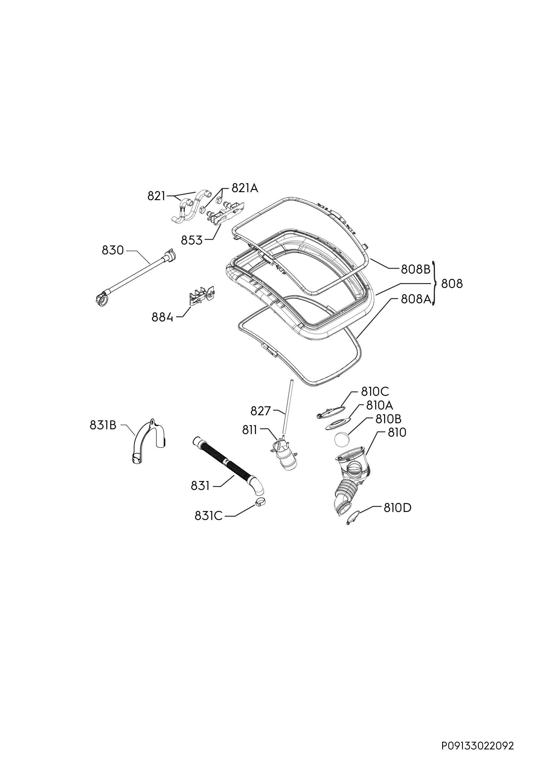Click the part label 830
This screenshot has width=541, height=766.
(113, 250)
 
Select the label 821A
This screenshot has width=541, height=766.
(245, 189)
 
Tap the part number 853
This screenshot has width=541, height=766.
(192, 240)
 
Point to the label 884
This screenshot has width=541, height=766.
(162, 317)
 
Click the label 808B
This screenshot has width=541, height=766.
(416, 269)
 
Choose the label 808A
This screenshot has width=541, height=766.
(416, 299)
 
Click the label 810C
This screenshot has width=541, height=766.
(375, 392)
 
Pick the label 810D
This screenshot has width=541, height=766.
(397, 508)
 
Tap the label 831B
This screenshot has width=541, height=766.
(103, 425)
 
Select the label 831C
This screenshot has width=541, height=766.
(208, 516)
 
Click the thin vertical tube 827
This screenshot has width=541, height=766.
(287, 407)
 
